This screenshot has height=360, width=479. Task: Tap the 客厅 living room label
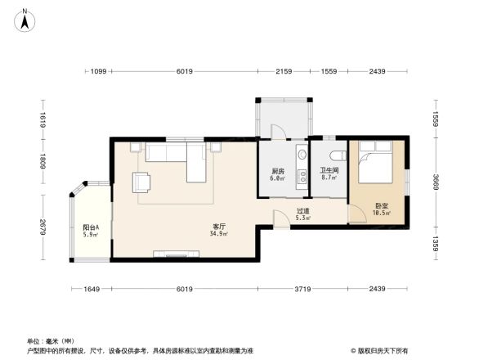(x=218, y=226)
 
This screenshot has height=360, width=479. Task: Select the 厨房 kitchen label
(x=278, y=171)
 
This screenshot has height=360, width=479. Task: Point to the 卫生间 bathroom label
(x=329, y=170)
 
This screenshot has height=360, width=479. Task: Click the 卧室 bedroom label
(x=381, y=206)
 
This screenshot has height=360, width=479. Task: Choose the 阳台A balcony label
(x=91, y=227)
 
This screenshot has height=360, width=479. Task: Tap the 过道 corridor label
(x=302, y=211)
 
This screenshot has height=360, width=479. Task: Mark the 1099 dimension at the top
(x=98, y=72)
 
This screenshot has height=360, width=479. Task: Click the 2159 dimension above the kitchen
(x=284, y=72)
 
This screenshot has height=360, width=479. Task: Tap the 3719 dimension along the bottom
(x=303, y=289)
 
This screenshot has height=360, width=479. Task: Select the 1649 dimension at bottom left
(x=91, y=289)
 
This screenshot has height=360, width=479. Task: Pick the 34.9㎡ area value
(x=218, y=234)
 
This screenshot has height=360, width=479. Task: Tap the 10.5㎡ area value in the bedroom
(x=381, y=214)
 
